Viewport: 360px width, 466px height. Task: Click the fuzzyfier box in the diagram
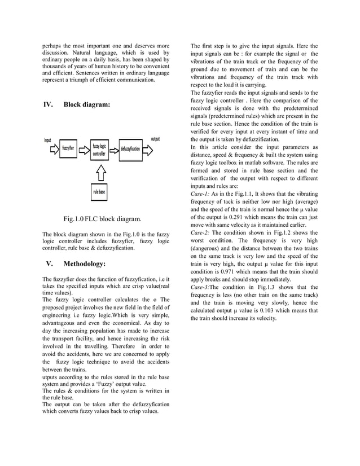(x=68, y=149)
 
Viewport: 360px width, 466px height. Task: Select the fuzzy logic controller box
(x=99, y=150)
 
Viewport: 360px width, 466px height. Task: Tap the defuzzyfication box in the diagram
(x=130, y=150)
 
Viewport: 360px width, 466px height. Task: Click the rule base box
(x=100, y=192)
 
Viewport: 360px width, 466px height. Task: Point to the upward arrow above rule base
(x=100, y=171)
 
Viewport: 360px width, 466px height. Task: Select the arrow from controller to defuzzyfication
(x=114, y=150)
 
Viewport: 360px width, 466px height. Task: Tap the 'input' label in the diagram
(x=49, y=140)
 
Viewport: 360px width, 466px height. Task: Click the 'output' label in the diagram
(x=155, y=139)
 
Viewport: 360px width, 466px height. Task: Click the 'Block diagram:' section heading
(x=87, y=105)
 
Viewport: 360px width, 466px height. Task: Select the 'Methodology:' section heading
(x=84, y=263)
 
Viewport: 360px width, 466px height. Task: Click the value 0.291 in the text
(x=238, y=217)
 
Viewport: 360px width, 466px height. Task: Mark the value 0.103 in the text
(x=270, y=310)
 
